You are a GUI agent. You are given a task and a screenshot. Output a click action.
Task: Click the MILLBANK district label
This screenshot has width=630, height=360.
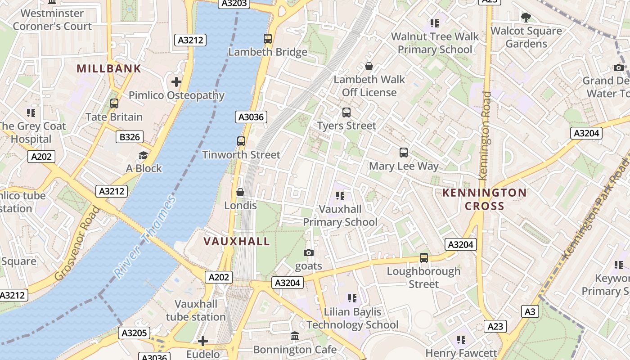(x=109, y=69)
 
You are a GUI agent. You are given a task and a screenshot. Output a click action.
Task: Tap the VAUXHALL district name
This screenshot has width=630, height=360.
(x=237, y=241)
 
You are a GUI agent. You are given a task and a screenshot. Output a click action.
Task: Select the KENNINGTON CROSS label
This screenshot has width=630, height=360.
(x=484, y=199)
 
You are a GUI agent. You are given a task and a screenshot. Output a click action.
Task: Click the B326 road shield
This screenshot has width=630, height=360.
(x=130, y=137)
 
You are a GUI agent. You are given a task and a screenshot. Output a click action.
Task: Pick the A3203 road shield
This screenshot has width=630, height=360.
(x=234, y=4)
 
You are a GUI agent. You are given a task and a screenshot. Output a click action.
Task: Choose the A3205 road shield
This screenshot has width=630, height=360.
(x=134, y=333)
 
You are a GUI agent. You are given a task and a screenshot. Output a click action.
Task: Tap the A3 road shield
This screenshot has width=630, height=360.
(x=531, y=311)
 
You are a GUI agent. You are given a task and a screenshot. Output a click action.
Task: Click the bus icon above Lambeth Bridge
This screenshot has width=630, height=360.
(x=268, y=39)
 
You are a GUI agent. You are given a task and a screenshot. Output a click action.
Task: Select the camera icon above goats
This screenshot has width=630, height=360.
(x=308, y=252)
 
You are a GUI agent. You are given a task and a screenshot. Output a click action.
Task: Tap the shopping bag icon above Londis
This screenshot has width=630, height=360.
(x=240, y=192)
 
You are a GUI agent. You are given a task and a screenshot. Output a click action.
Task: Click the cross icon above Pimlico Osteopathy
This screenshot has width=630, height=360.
(x=176, y=82)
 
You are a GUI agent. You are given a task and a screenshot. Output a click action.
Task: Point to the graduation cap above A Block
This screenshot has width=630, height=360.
(x=143, y=155)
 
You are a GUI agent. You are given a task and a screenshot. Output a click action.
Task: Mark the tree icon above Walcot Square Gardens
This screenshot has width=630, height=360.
(x=526, y=18)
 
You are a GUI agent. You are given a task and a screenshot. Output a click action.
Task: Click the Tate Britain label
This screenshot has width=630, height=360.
(x=114, y=117)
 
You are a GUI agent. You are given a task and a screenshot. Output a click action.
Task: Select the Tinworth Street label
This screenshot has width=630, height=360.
(x=241, y=155)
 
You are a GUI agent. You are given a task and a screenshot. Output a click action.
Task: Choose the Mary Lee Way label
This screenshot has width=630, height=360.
(x=404, y=166)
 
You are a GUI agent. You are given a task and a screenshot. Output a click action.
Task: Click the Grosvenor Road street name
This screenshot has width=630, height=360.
(x=77, y=243)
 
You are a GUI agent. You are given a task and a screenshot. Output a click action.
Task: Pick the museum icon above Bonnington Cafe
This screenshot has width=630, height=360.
(x=295, y=336)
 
